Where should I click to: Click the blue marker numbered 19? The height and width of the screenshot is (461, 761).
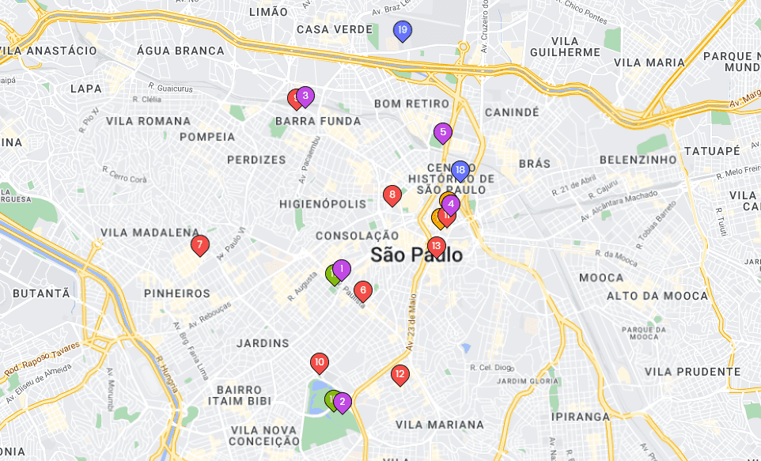click(402, 31)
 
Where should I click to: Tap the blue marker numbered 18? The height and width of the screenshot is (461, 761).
click(460, 170)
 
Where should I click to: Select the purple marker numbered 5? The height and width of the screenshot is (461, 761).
click(442, 132)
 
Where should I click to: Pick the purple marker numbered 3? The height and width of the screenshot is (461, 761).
click(305, 96)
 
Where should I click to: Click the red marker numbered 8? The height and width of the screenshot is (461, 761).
click(392, 195)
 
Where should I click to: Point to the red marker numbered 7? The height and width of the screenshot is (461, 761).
click(200, 244)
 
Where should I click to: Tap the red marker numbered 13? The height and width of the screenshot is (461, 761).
click(436, 246)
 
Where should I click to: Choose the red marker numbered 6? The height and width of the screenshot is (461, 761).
click(363, 290)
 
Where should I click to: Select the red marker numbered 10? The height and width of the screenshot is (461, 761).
click(319, 363)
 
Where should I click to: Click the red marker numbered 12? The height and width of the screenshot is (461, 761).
click(399, 374)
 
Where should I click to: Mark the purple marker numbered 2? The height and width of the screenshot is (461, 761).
click(343, 402)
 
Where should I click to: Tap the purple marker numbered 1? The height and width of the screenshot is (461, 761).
click(341, 269)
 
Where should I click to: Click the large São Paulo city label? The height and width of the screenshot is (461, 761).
click(417, 255)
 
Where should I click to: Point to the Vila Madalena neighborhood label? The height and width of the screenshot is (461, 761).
click(150, 232)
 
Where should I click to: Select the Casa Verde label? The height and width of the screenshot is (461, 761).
click(334, 29)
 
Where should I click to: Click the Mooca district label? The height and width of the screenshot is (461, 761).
click(601, 278)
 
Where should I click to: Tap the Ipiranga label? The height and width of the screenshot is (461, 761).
click(581, 417)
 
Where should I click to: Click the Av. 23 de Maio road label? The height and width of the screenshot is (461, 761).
click(411, 323)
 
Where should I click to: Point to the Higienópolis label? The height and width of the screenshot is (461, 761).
click(323, 204)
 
